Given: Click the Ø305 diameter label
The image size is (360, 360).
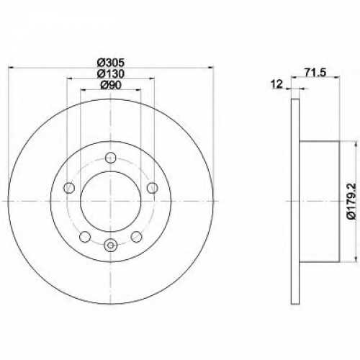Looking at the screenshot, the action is (111, 63).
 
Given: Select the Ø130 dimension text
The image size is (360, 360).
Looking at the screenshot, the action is (111, 74).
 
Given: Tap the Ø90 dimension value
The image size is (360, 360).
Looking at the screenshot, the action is (111, 85).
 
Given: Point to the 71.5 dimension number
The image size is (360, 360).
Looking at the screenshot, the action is (315, 73).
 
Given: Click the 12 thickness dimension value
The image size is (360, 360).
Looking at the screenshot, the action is (276, 84).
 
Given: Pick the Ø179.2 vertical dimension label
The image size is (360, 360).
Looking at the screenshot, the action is (351, 201).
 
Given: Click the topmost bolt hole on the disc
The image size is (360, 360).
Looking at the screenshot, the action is (111, 158).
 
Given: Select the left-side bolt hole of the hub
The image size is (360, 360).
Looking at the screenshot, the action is (69, 188).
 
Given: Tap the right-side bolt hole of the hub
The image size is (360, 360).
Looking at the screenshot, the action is (152, 188).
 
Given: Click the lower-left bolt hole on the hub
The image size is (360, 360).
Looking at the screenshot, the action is (85, 237).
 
